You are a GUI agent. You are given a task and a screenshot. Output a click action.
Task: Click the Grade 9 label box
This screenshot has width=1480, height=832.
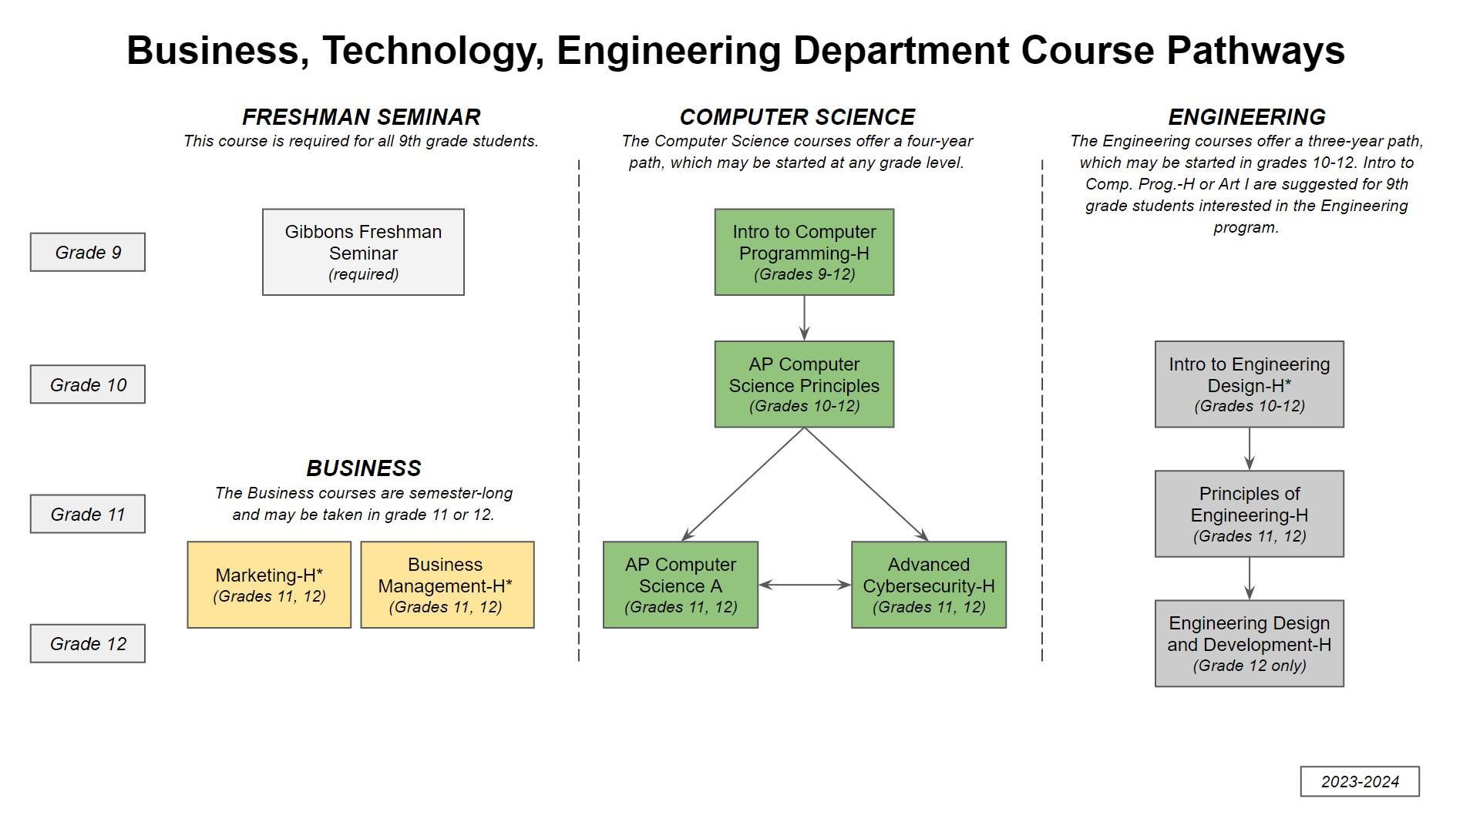click(88, 252)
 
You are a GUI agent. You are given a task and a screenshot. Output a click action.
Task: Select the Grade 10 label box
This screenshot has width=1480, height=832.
click(88, 384)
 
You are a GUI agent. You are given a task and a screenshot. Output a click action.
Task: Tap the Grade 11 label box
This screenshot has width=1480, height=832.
click(88, 514)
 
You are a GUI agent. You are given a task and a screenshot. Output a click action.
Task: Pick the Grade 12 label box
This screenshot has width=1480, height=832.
click(88, 643)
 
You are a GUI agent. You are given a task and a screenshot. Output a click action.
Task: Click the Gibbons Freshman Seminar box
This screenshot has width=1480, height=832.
click(363, 252)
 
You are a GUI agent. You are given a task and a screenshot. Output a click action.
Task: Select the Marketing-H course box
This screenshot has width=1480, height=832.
click(269, 585)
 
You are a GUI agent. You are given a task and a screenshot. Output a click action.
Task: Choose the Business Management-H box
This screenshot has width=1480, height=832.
click(447, 585)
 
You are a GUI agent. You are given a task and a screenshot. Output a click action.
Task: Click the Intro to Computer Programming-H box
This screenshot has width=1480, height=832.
click(804, 252)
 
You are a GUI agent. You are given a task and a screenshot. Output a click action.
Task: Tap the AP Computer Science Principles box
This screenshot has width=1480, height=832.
click(804, 384)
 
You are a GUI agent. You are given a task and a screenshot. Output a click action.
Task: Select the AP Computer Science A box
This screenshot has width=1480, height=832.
click(681, 585)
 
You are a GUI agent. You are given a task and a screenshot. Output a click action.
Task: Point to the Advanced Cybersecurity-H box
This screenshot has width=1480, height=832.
click(929, 585)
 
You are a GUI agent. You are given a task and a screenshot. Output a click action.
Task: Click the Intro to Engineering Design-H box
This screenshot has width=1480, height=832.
click(1250, 384)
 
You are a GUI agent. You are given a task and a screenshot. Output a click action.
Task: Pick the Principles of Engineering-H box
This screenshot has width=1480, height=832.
click(1250, 514)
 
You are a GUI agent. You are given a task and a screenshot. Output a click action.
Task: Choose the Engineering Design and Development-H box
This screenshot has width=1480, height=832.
click(1250, 643)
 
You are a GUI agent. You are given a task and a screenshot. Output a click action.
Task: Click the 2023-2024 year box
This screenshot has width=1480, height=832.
click(1360, 781)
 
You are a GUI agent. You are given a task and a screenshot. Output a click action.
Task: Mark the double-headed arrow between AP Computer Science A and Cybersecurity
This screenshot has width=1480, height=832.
click(805, 585)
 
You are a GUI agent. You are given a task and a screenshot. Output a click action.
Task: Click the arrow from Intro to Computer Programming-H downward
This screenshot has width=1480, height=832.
click(804, 317)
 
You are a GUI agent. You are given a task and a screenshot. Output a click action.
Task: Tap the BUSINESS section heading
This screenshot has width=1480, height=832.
click(364, 468)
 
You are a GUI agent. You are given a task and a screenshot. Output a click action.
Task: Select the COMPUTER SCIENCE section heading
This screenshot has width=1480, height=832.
click(797, 117)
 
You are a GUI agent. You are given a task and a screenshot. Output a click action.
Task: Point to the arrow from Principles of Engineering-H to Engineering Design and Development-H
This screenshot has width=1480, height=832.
click(1250, 579)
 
